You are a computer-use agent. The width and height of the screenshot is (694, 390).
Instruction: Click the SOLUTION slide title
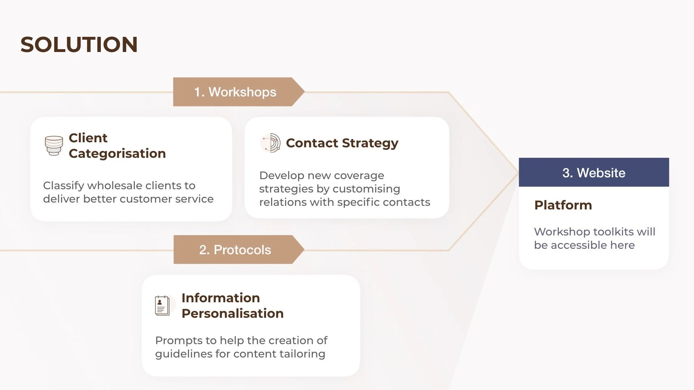[x=79, y=44]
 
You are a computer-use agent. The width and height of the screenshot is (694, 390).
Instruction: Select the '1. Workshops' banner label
[x=235, y=92]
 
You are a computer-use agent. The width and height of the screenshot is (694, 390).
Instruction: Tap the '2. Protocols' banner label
[x=235, y=250]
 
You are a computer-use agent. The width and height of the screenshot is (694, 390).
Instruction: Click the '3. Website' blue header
[x=594, y=173]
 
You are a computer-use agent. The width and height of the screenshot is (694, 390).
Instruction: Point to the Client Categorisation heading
[x=117, y=146]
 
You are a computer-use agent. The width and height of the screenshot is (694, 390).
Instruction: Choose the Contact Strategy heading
[x=342, y=143]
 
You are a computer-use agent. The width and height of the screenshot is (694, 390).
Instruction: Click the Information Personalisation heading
[x=232, y=305]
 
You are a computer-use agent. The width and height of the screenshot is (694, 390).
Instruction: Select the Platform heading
[x=563, y=205]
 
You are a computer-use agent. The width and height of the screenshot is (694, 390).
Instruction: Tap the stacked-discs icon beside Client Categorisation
[x=54, y=146]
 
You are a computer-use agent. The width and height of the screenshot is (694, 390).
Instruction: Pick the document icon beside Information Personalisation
[x=162, y=305]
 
